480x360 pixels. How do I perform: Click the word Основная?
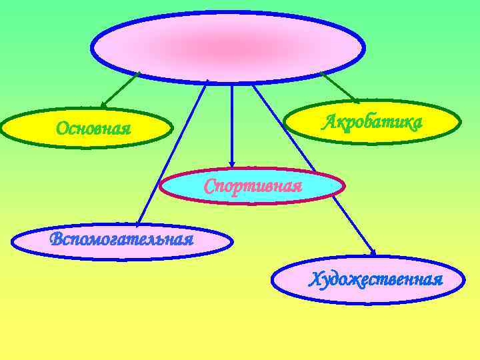tap(93, 127)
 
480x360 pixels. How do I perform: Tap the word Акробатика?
tap(373, 123)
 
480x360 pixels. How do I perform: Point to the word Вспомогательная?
tap(122, 239)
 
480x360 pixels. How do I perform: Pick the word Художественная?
tap(375, 278)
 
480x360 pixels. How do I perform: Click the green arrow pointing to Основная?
tap(121, 89)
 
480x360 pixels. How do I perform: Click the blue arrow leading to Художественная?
tap(313, 167)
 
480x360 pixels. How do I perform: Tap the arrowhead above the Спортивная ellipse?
tap(231, 163)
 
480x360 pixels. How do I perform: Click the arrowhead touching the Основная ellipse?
tap(104, 105)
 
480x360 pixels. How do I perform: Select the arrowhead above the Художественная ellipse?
tap(372, 252)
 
